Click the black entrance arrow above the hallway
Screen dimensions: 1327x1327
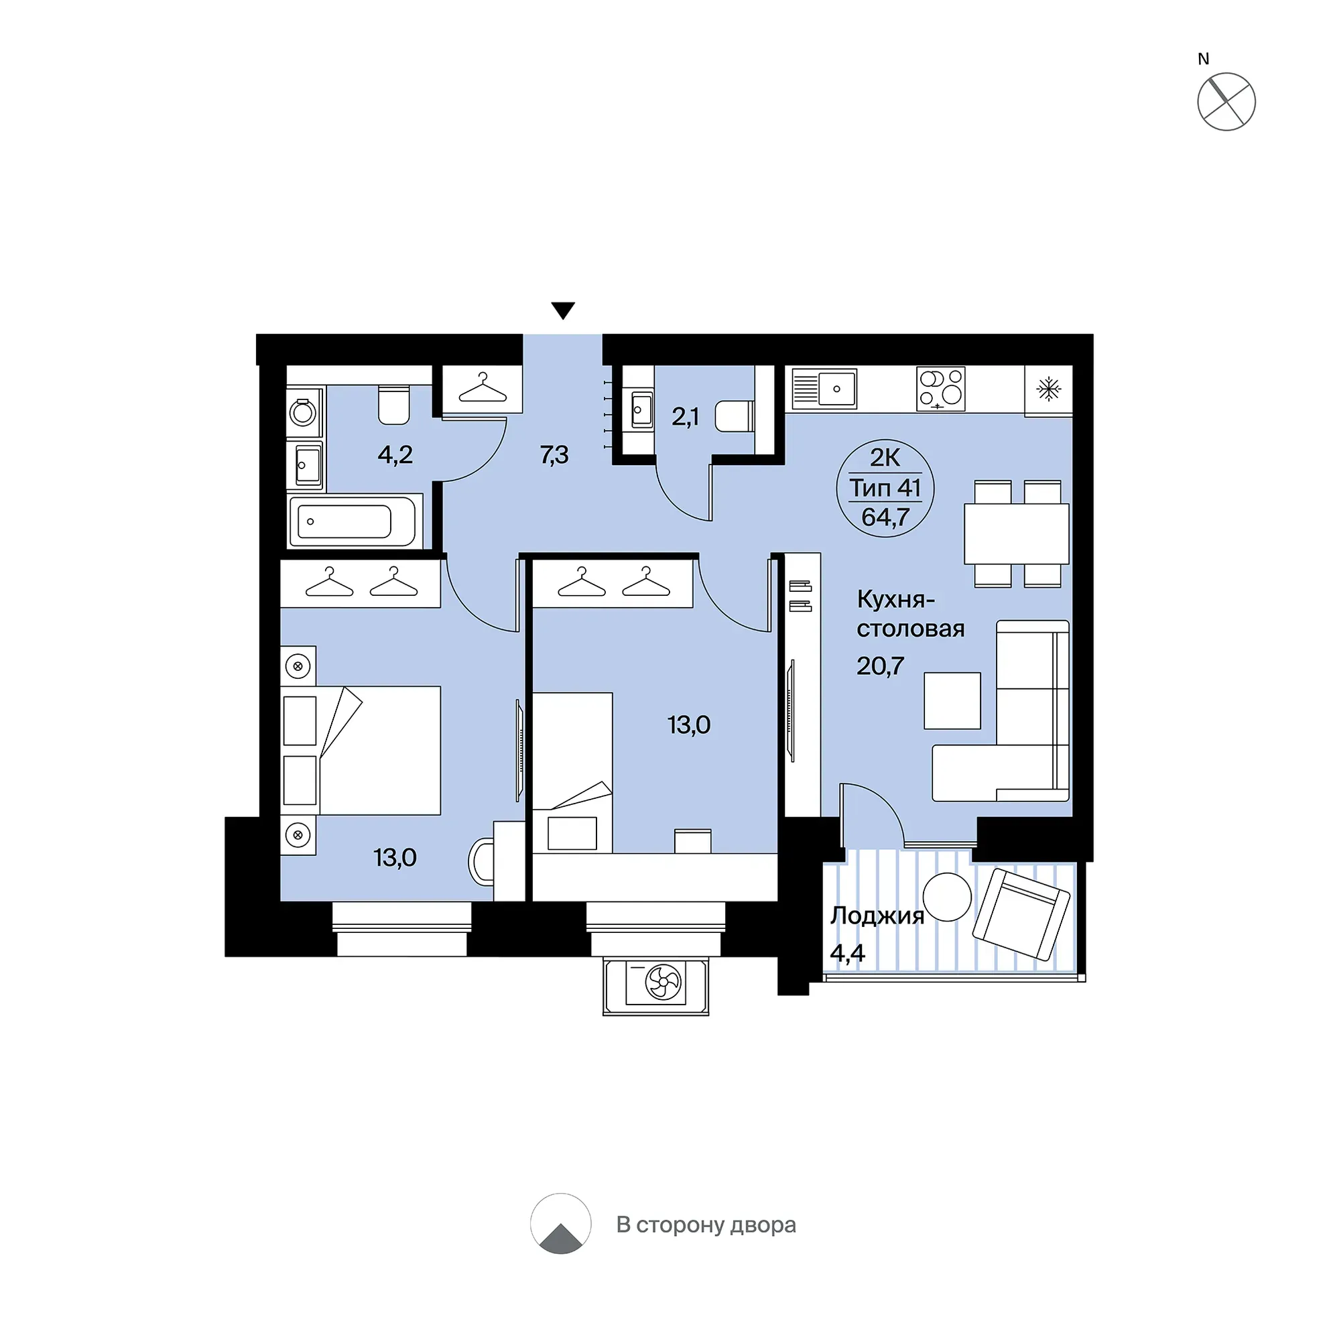562,310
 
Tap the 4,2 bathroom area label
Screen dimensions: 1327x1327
395,454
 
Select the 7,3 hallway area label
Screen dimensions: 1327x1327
554,454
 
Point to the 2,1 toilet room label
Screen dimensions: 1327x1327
685,417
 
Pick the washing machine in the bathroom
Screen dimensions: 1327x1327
303,412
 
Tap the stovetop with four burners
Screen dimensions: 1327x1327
940,389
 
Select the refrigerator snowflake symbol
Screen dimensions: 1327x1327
1048,389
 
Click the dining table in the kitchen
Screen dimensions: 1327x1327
1017,533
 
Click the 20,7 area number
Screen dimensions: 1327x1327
880,666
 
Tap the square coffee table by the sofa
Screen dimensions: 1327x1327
951,700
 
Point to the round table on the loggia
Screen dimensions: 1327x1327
946,897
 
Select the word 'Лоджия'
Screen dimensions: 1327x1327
877,915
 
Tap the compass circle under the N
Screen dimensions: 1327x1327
1226,102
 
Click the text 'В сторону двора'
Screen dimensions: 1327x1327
706,1224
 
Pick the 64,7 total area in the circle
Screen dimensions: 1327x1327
885,517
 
